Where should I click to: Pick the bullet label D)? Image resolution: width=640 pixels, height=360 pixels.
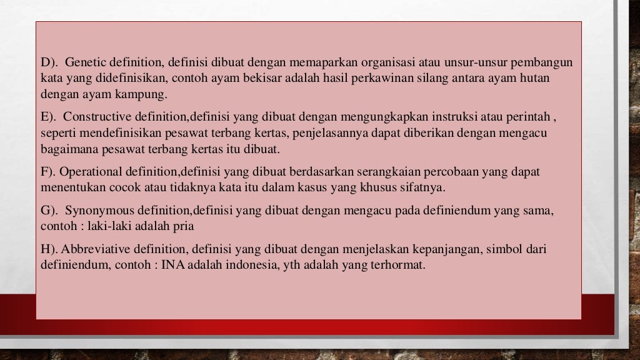point(49,63)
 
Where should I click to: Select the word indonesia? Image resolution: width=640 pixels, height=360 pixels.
point(234,264)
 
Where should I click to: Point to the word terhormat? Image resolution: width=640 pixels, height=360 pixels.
point(401,264)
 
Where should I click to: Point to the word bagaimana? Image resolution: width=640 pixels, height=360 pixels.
point(67,150)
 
